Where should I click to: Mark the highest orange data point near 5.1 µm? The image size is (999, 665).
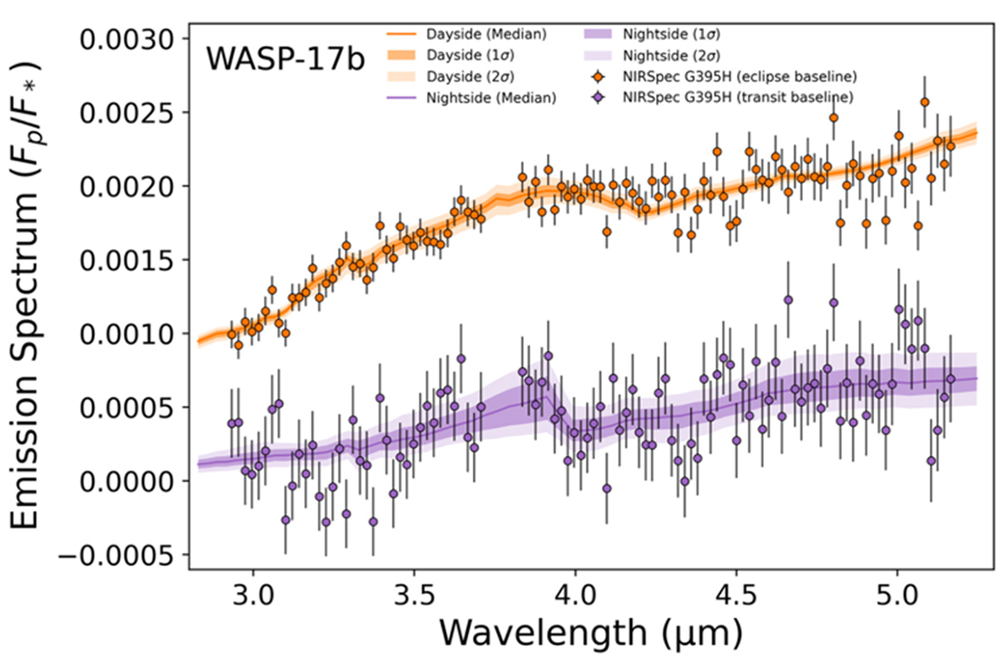[924, 102]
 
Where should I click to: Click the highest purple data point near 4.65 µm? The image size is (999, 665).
[788, 300]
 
